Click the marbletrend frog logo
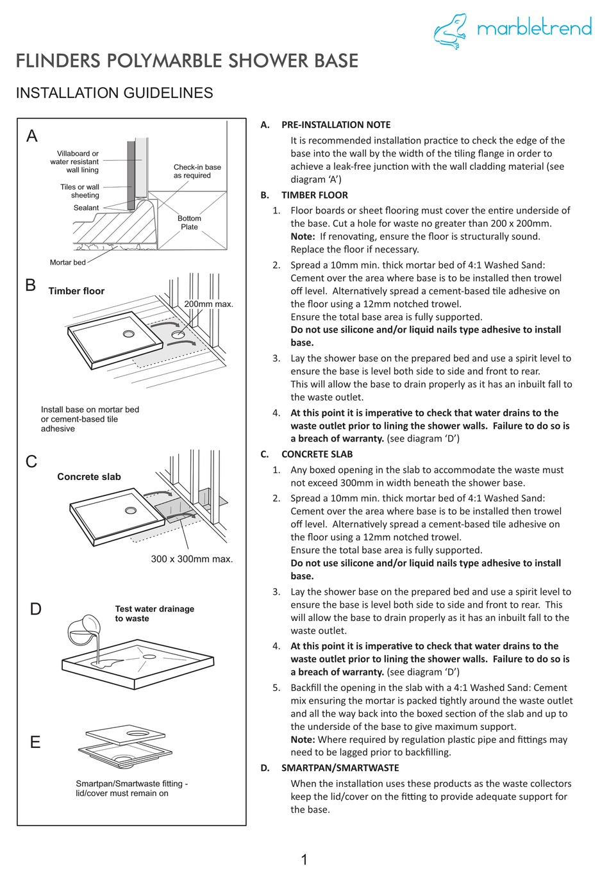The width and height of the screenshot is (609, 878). [x=451, y=31]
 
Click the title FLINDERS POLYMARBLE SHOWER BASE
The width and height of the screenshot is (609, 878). [x=187, y=61]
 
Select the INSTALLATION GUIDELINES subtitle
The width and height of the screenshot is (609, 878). [x=114, y=93]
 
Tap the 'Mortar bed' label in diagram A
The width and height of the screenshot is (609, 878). [x=67, y=262]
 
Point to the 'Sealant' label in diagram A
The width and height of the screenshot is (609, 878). [x=86, y=208]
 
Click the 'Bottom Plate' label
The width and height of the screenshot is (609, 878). [x=189, y=222]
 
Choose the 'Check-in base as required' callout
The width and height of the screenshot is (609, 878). [x=197, y=171]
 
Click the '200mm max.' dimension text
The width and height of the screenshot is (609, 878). [x=208, y=304]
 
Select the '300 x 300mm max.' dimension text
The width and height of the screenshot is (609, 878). [x=192, y=559]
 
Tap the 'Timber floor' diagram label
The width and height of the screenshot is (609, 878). [x=76, y=291]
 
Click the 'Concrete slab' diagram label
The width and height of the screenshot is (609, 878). [x=88, y=477]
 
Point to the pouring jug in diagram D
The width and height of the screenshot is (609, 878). [x=84, y=629]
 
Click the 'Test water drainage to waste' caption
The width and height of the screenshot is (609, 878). [x=154, y=613]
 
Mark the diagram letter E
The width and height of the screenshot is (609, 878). [x=35, y=742]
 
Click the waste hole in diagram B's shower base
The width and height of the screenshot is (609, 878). [x=129, y=334]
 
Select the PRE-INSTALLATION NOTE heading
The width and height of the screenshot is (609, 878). [x=335, y=125]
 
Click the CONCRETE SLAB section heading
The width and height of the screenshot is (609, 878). [x=317, y=454]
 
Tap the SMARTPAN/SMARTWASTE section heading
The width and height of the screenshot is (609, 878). [x=340, y=768]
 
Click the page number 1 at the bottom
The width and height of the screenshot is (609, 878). [x=304, y=859]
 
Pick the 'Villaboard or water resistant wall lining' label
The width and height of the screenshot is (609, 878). [x=75, y=162]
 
